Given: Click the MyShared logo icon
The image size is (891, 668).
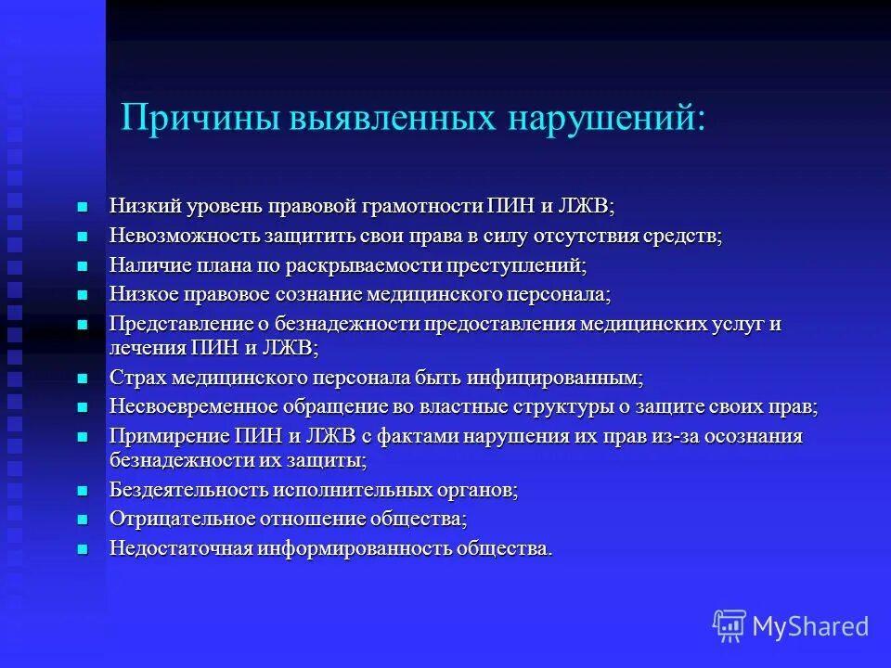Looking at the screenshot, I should click(x=730, y=626).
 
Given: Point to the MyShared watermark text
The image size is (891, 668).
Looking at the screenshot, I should click(x=810, y=626).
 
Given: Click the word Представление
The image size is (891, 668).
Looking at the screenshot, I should click(x=174, y=325).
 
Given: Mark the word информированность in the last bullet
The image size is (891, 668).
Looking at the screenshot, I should click(x=353, y=548).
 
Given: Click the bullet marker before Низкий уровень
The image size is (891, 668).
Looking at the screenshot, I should click(x=82, y=206).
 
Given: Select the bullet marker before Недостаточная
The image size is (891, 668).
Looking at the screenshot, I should click(x=82, y=548).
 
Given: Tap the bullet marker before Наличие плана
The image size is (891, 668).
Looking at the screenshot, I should click(x=82, y=265).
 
